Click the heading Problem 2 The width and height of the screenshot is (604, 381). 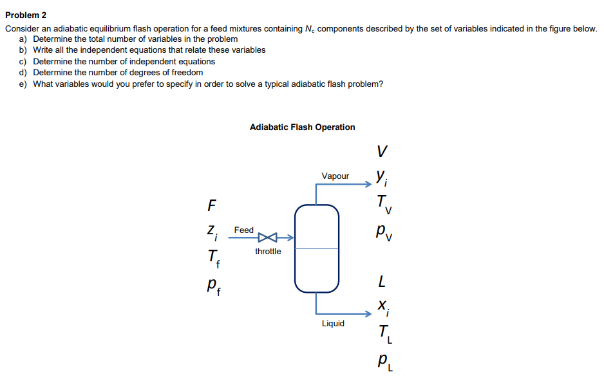click(x=26, y=15)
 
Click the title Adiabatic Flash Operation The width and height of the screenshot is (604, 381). click(x=302, y=127)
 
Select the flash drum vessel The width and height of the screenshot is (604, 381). click(x=317, y=248)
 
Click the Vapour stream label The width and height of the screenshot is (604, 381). click(x=335, y=176)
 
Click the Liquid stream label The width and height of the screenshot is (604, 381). click(x=333, y=324)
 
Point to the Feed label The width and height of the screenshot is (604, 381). click(x=244, y=230)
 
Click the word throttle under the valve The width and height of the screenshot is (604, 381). click(x=268, y=252)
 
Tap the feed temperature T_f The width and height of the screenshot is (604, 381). click(x=212, y=258)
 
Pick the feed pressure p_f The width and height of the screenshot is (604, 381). click(x=212, y=284)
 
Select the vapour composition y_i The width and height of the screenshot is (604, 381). click(x=382, y=176)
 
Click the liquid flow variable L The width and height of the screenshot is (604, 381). click(x=382, y=282)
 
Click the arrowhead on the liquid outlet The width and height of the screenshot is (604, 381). click(x=368, y=315)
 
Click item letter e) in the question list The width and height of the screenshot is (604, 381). click(x=23, y=84)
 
